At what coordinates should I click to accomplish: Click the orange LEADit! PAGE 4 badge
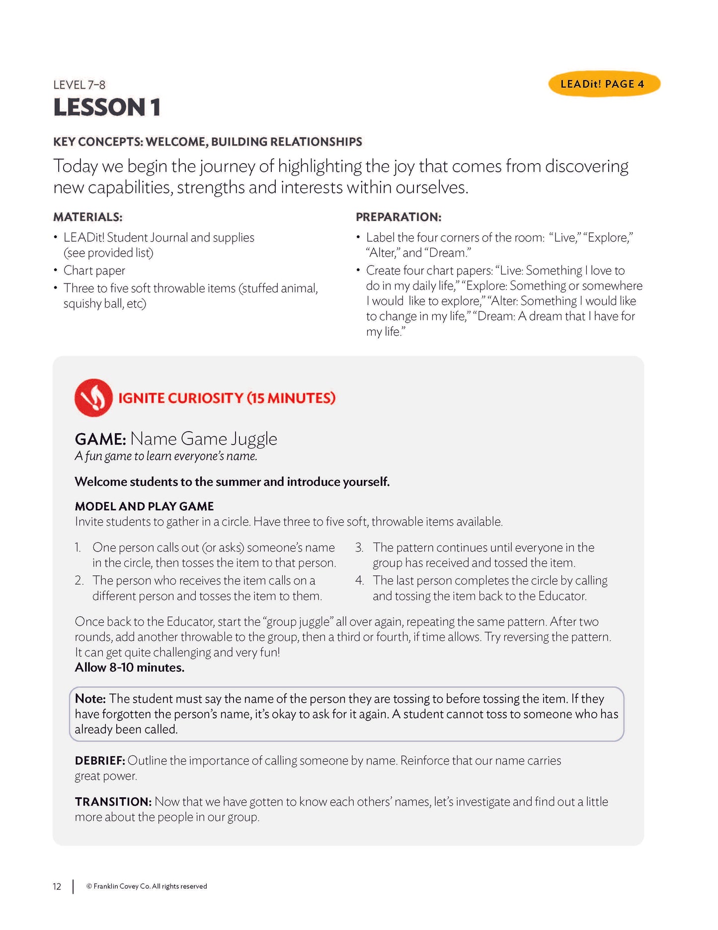coord(604,84)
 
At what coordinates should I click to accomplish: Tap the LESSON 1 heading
coord(107,108)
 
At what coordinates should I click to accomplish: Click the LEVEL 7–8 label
coord(80,85)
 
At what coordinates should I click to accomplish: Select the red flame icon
coord(93,398)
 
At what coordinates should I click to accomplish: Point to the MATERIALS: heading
coord(88,217)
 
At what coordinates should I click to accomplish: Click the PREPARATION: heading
coord(399,217)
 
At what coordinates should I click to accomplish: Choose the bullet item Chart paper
coord(94,271)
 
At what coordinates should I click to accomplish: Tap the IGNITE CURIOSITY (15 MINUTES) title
coord(227,398)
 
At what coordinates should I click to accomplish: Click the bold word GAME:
coord(100,439)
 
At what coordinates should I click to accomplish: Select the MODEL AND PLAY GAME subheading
coord(144,506)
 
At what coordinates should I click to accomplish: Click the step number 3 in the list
coord(359,548)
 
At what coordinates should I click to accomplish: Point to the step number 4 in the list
coord(359,580)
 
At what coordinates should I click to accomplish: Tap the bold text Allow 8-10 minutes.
coord(130,667)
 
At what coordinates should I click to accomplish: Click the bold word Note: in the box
coord(90,699)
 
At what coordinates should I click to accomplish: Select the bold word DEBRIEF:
coord(99,760)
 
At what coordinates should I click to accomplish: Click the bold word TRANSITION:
coord(113,802)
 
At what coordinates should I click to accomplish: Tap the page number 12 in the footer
coord(57,886)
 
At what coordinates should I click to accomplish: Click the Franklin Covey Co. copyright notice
coord(147,886)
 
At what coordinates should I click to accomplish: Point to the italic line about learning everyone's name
coord(166,456)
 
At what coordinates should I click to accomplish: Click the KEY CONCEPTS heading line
coord(208,142)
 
